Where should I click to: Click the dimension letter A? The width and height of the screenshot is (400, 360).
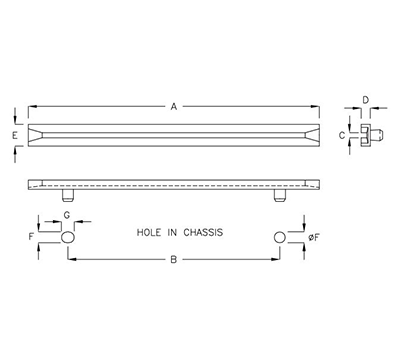click(x=174, y=105)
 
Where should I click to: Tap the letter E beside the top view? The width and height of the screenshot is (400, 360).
click(x=15, y=132)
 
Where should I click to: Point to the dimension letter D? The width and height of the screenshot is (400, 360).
click(x=366, y=100)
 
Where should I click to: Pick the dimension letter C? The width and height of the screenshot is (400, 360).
click(x=342, y=133)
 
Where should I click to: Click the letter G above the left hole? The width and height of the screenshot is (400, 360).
click(x=67, y=215)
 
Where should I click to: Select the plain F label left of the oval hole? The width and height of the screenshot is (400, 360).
click(x=31, y=239)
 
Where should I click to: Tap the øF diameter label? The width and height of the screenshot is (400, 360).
click(x=312, y=239)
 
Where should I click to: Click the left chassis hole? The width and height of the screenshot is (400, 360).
click(x=68, y=239)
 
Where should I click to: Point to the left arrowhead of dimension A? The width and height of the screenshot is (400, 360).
click(x=31, y=105)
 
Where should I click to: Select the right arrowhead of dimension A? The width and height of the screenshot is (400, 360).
click(x=319, y=105)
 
